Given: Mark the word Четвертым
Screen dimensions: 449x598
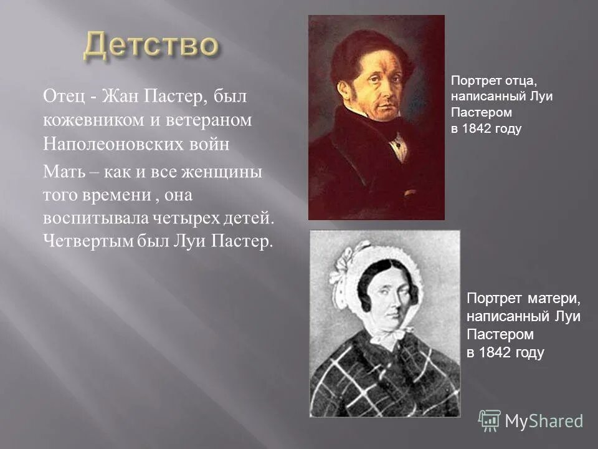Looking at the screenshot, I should coord(88,241).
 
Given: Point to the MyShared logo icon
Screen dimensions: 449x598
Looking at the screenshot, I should coord(489,420).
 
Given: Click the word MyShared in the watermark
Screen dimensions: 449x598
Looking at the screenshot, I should coord(544,421).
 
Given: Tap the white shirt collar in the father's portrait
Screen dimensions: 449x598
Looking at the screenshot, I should coord(397,145).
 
